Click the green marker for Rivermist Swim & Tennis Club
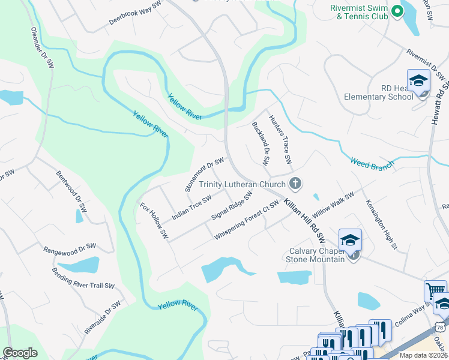click(x=396, y=11)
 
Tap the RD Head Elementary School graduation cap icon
click(x=418, y=81)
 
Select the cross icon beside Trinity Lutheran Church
click(x=295, y=183)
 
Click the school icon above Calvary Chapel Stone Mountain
click(x=350, y=240)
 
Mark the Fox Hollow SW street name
click(x=154, y=220)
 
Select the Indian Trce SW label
click(x=191, y=207)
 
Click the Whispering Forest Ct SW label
click(x=247, y=220)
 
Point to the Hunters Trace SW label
click(x=280, y=140)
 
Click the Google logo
click(x=20, y=352)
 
